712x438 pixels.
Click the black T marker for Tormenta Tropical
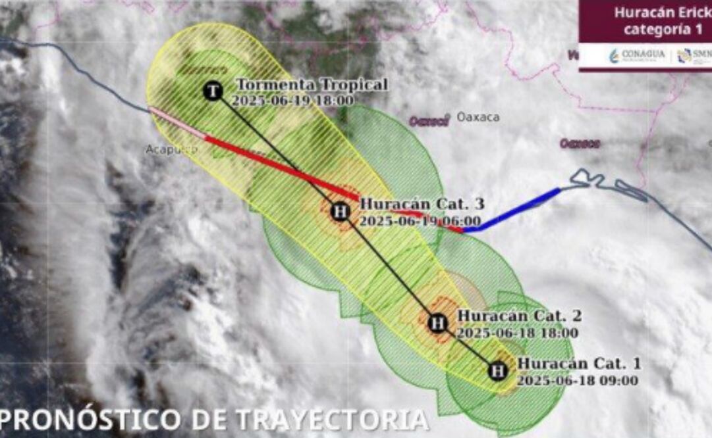pos(212,91)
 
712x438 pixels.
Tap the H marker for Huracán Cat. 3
pos(340,211)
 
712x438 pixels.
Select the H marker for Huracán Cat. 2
pos(437,323)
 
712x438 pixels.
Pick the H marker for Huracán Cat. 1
pos(499,371)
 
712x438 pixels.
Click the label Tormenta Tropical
pos(312,85)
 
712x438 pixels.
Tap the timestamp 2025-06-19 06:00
pos(420,221)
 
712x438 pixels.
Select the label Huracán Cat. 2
pos(519,316)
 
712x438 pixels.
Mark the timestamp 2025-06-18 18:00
pos(517,333)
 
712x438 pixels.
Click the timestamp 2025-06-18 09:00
pos(577,380)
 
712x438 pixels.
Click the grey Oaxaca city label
pos(478,118)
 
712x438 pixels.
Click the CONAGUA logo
pos(638,55)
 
